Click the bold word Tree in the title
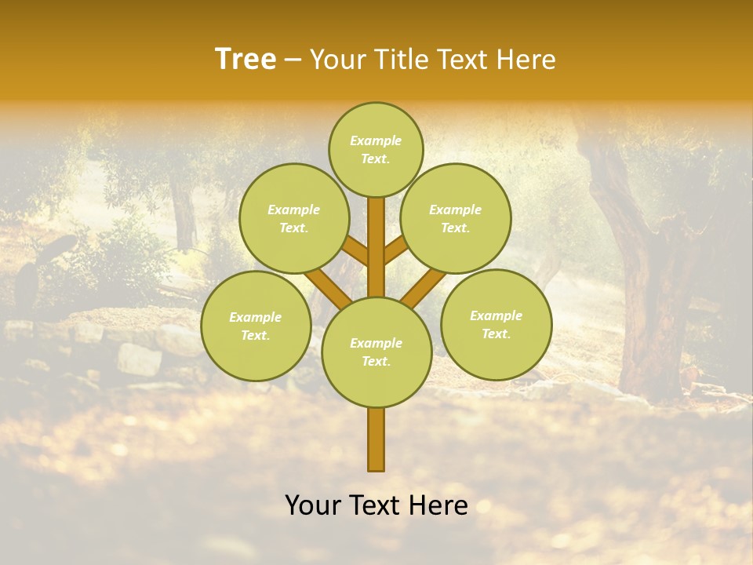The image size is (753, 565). coord(246,60)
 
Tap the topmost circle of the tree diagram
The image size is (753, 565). coord(376,149)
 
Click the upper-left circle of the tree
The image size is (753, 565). coord(293,218)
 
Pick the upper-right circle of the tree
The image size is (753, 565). coord(455,218)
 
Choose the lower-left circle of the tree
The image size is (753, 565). coord(256,326)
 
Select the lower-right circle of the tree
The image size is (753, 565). coord(496,324)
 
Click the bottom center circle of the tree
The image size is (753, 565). coord(376,352)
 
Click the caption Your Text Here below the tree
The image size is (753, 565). coord(376,505)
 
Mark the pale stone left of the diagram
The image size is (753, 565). coord(140,359)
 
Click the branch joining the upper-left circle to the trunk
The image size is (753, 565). coord(355,251)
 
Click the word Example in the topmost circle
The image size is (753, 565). coord(376,140)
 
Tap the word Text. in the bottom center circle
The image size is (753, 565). coord(376,361)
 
